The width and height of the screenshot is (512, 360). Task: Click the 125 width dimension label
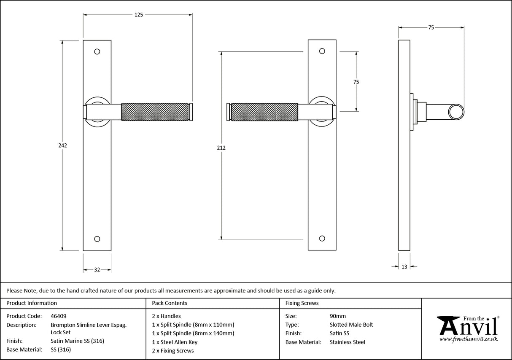[x=139, y=15]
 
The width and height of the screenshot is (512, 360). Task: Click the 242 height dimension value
[x=62, y=145]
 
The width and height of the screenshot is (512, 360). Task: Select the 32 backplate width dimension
[x=97, y=270]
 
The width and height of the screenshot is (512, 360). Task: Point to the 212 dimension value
[x=221, y=148]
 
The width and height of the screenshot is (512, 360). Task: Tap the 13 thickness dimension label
[x=404, y=266]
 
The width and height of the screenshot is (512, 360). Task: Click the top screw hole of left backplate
[x=97, y=51]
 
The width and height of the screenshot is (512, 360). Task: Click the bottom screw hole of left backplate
[x=97, y=239]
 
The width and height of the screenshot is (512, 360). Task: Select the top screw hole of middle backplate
[x=322, y=51]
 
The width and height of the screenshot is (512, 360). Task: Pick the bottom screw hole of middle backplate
[x=322, y=239]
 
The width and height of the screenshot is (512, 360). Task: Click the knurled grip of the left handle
[x=155, y=112]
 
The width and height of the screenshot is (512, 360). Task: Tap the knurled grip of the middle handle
[x=264, y=112]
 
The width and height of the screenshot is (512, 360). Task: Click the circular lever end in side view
[x=455, y=112]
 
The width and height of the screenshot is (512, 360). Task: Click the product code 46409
[x=58, y=316]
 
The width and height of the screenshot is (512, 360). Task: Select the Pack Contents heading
[x=170, y=303]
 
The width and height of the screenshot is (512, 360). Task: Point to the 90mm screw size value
[x=337, y=316]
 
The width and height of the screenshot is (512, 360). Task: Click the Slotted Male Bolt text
[x=351, y=325]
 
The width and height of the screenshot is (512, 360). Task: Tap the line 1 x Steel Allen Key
[x=175, y=342]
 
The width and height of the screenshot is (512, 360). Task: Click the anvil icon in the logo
[x=449, y=326]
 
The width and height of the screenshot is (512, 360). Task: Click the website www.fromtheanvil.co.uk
[x=468, y=339]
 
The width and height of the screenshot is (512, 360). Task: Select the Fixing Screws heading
[x=302, y=303]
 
